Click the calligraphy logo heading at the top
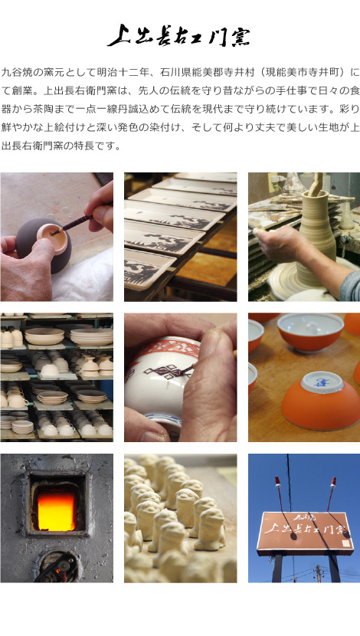tap(178, 36)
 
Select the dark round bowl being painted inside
tap(44, 245)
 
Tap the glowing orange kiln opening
tap(57, 511)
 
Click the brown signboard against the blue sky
tap(305, 533)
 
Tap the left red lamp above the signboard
tap(278, 481)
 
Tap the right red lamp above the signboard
tap(333, 482)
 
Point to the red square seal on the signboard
tap(345, 543)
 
